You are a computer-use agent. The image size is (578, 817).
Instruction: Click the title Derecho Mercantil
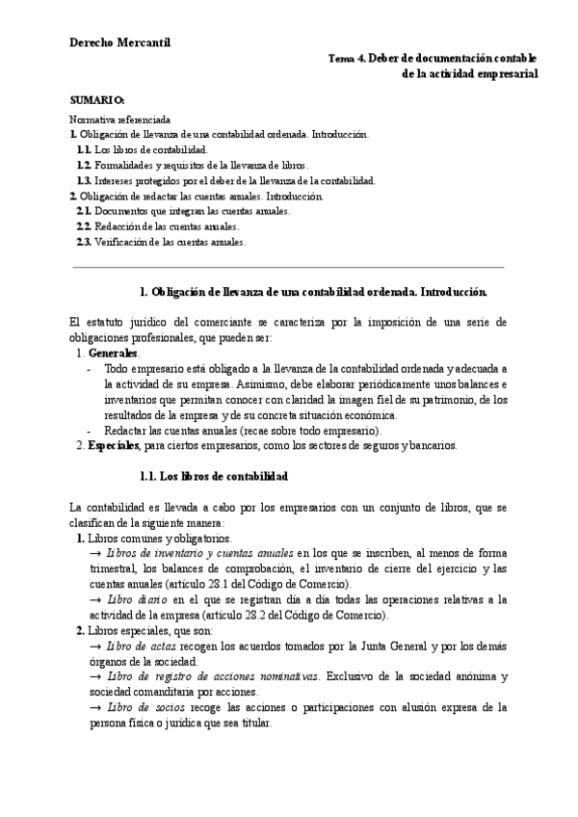coord(119,42)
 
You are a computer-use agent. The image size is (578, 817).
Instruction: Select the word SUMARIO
coord(98,100)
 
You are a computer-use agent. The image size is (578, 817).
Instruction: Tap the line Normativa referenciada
coord(120,119)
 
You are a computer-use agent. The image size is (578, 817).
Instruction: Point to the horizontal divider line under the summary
coord(288,266)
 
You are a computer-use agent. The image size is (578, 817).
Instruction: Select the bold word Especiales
coord(113,445)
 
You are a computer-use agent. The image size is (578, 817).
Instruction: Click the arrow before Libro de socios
coord(94,707)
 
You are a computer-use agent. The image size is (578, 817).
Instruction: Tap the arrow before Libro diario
coord(94,600)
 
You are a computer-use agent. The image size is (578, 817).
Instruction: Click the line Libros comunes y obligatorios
coord(159,538)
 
